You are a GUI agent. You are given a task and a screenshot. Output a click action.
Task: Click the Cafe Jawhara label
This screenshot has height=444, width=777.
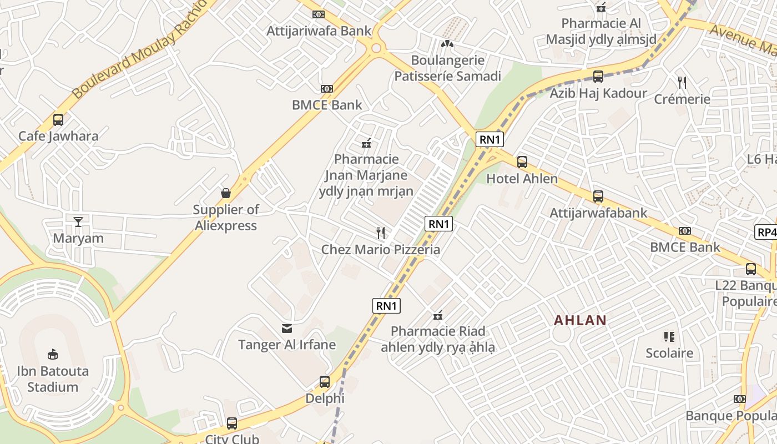coord(58,136)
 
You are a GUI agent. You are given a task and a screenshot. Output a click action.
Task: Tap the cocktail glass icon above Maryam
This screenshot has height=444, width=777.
coord(78,222)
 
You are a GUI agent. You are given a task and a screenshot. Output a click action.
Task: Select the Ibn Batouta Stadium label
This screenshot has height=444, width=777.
coord(53,379)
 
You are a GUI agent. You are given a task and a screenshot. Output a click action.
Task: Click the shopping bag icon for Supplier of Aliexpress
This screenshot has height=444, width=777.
coord(226,193)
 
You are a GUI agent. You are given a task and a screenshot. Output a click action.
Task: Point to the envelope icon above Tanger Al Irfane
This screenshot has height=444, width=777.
coord(287,328)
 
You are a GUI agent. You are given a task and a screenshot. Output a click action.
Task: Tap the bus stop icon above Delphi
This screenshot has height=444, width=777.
coord(325,382)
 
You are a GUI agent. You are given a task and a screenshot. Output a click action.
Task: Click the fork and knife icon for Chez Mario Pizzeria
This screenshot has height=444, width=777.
coord(381,233)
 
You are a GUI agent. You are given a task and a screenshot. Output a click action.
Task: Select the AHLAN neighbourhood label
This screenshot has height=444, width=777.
coord(581,320)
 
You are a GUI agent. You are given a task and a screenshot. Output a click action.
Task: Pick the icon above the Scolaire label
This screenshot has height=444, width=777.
coord(669,336)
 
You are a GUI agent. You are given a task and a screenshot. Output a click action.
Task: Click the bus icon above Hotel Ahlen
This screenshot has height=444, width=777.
coord(522,162)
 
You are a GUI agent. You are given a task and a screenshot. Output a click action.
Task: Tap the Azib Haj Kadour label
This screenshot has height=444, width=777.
coord(598,93)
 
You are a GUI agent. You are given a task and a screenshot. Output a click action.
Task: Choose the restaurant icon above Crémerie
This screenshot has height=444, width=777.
coord(682,83)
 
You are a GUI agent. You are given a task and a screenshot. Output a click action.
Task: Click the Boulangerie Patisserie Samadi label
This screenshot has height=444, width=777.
coord(447,68)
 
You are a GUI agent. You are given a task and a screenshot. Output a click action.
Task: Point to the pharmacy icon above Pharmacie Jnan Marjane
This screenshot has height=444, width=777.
coord(366,143)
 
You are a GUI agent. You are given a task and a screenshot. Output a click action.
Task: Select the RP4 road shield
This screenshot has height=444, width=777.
coord(766,232)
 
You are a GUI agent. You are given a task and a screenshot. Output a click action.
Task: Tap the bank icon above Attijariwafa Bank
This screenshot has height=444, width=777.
coord(319,14)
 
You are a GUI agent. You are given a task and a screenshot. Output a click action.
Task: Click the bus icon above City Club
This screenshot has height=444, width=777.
coord(232,423)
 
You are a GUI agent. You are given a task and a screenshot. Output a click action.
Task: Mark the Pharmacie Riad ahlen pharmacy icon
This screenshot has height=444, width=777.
coord(438,315)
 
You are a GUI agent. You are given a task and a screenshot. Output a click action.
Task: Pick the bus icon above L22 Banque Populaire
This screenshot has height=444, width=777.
coord(750,269)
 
